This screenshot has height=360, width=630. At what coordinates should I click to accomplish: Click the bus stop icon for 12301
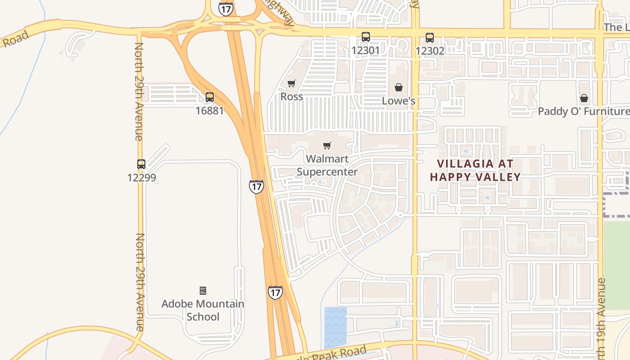tap(366, 37)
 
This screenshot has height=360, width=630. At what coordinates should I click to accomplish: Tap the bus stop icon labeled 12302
tap(430, 38)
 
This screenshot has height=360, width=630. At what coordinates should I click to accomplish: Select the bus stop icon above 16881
tap(210, 97)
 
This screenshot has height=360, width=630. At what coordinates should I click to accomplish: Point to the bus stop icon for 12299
tap(141, 164)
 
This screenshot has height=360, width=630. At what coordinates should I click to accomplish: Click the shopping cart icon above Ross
tap(292, 84)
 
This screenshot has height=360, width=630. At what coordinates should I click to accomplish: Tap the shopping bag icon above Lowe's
tap(399, 87)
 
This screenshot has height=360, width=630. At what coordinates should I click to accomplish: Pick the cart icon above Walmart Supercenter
tap(327, 146)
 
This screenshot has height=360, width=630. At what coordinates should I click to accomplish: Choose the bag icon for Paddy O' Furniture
tap(584, 98)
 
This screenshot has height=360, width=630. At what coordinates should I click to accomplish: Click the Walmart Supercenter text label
tap(327, 165)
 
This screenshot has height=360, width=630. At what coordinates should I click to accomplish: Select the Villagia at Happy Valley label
tap(475, 170)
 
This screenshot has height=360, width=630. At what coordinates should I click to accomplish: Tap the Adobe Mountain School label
tap(203, 310)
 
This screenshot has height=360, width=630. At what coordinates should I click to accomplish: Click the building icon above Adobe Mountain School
tap(203, 291)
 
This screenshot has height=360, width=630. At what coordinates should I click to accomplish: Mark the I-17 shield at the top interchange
tap(226, 9)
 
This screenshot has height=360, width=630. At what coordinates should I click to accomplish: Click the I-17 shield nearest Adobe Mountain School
tap(275, 292)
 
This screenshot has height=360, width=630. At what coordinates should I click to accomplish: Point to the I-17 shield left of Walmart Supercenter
tap(256, 186)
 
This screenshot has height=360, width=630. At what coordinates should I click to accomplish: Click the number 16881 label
tap(210, 110)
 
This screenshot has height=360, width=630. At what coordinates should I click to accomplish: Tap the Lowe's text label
tap(399, 101)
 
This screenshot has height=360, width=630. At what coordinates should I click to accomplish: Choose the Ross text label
tap(292, 97)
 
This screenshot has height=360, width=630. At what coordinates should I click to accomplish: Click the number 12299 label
tap(141, 177)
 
